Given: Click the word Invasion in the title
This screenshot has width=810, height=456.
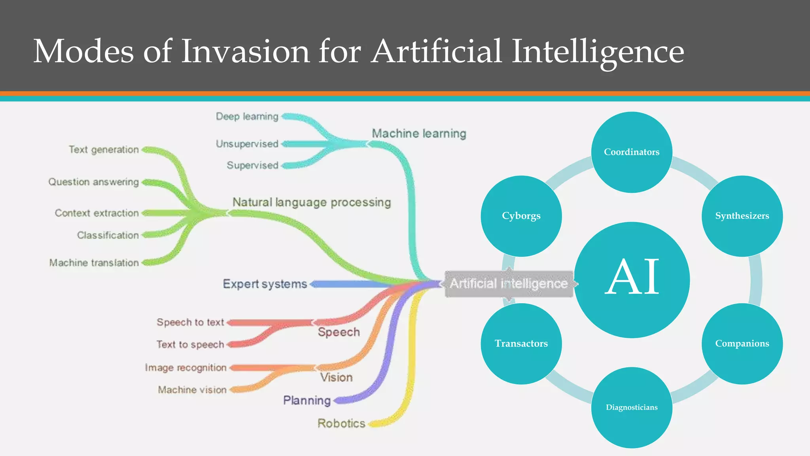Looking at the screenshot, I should pyautogui.click(x=245, y=51).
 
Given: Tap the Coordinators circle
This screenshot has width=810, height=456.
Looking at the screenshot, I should pyautogui.click(x=632, y=152).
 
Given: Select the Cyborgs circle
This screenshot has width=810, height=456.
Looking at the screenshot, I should pyautogui.click(x=521, y=216).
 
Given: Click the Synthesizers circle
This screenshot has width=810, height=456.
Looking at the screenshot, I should pyautogui.click(x=742, y=216).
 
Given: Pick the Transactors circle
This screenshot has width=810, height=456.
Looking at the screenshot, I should pyautogui.click(x=521, y=344).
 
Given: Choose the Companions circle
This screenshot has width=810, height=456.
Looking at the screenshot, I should pyautogui.click(x=742, y=344).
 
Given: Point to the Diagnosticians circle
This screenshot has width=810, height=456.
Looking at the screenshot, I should pyautogui.click(x=632, y=407).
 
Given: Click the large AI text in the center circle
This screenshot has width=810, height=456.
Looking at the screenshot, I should pyautogui.click(x=632, y=277).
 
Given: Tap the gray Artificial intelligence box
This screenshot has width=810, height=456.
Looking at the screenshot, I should pyautogui.click(x=509, y=284).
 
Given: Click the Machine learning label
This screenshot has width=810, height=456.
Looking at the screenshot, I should pyautogui.click(x=419, y=134).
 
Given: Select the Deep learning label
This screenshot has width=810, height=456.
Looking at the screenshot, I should pyautogui.click(x=247, y=116).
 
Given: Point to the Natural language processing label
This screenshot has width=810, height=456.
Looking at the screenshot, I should pyautogui.click(x=312, y=202).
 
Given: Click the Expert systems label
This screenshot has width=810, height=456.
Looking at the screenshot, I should pyautogui.click(x=265, y=284).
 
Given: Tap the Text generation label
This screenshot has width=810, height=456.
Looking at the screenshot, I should pyautogui.click(x=104, y=150).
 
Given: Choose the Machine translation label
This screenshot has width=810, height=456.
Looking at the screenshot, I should pyautogui.click(x=94, y=263).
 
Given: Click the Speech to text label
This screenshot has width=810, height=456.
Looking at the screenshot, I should pyautogui.click(x=190, y=322).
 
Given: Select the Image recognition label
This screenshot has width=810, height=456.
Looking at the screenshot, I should pyautogui.click(x=185, y=368).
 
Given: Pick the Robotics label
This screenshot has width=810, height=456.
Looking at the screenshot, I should pyautogui.click(x=341, y=424).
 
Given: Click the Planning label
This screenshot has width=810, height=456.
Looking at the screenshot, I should pyautogui.click(x=307, y=401).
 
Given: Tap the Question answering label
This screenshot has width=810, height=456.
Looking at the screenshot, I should pyautogui.click(x=94, y=182).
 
